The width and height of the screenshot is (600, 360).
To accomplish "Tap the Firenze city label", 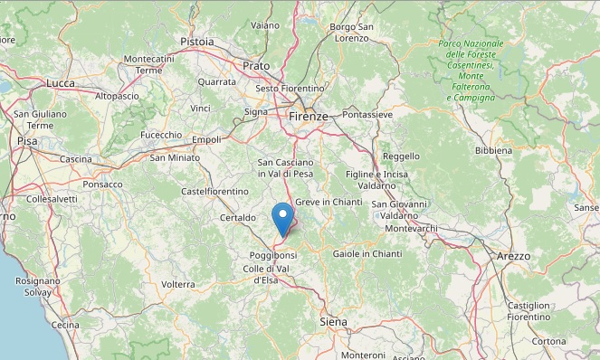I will point(309,117).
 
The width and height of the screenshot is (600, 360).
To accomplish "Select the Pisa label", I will point(27,142).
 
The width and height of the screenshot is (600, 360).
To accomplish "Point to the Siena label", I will point(334,322).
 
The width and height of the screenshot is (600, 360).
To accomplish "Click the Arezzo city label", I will point(513,257).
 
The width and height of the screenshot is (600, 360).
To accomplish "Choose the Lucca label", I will point(62,83).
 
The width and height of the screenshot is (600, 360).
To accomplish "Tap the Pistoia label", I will point(197,42).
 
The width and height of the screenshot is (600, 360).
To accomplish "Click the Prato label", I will point(256,66).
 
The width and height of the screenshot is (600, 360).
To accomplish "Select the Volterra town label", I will point(177,284).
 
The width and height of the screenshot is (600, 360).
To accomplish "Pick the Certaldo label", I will point(237,218).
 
